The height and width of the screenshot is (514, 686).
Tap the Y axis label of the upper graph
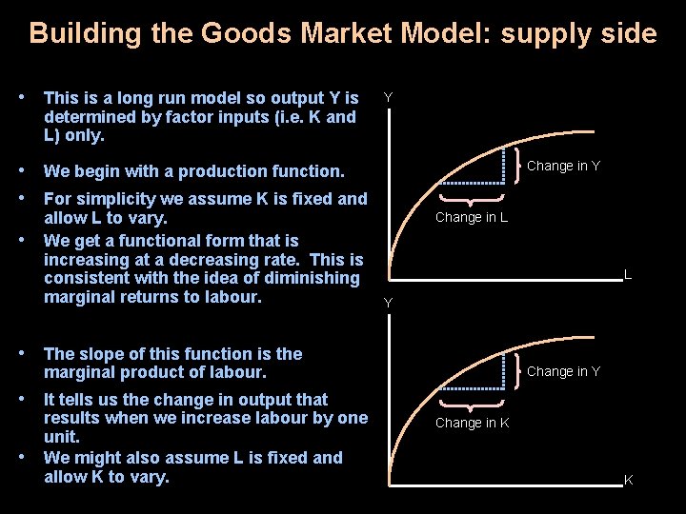click(x=388, y=96)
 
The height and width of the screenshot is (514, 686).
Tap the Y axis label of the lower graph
click(x=388, y=303)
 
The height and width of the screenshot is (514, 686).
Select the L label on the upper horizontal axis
click(x=628, y=274)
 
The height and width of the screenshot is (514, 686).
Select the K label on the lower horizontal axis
click(x=629, y=480)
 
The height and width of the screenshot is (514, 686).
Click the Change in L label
click(x=471, y=217)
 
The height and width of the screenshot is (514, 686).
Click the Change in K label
click(x=472, y=423)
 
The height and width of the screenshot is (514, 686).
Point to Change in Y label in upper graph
click(x=563, y=166)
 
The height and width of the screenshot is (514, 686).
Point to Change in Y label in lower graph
click(x=563, y=371)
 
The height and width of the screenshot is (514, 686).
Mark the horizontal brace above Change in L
click(x=471, y=199)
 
